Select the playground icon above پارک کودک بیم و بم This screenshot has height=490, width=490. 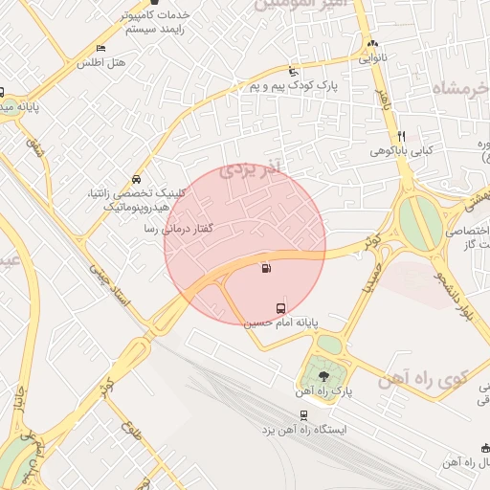tap(293, 72)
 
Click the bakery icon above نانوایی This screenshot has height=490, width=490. tap(371, 43)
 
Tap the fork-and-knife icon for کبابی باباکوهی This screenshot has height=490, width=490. tap(401, 136)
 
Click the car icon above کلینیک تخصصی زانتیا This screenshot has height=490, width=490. tap(136, 179)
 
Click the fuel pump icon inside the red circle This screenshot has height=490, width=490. tap(265, 269)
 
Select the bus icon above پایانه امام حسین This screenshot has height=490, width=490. tap(280, 308)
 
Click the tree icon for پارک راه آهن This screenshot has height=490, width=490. tap(321, 375)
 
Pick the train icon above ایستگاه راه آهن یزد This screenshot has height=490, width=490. tap(304, 415)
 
